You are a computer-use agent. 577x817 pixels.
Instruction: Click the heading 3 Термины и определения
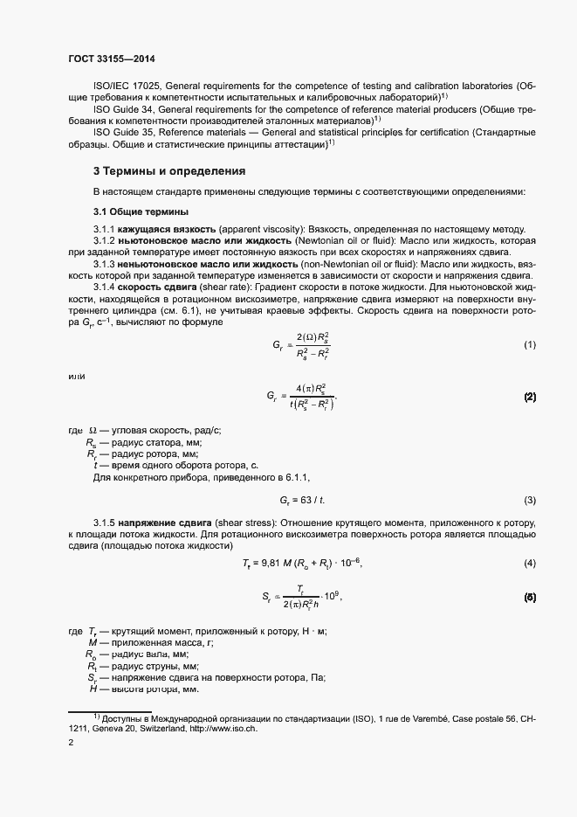(169, 170)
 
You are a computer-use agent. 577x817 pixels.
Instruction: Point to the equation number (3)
(529, 500)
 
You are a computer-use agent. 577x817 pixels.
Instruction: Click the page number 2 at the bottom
(72, 743)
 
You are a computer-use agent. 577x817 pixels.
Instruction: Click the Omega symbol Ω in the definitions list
(93, 431)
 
